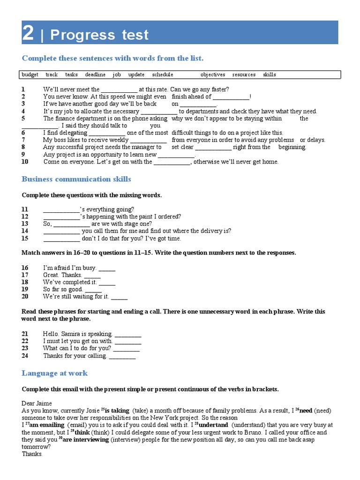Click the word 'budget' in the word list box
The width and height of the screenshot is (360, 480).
(30, 75)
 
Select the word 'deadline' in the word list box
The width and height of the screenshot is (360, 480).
(95, 75)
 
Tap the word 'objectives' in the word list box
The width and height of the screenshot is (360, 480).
(213, 75)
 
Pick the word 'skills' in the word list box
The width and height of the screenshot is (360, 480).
(270, 75)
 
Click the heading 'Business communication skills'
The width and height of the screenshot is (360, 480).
(76, 180)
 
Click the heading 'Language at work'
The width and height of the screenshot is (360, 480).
(54, 373)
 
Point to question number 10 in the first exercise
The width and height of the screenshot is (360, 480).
(25, 162)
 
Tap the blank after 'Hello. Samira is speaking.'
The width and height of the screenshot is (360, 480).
(128, 334)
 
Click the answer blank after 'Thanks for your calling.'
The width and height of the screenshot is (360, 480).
(122, 356)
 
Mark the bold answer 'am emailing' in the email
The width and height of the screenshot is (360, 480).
(48, 425)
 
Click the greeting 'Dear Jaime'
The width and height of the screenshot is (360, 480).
(37, 404)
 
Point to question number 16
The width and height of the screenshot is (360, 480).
(25, 268)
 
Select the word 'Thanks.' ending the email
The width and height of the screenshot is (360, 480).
(32, 454)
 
